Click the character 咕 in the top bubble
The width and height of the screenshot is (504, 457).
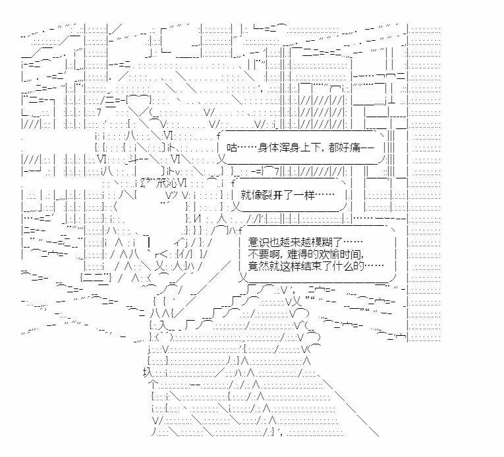(x=230, y=149)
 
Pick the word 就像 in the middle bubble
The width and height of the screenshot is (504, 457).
(x=249, y=195)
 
